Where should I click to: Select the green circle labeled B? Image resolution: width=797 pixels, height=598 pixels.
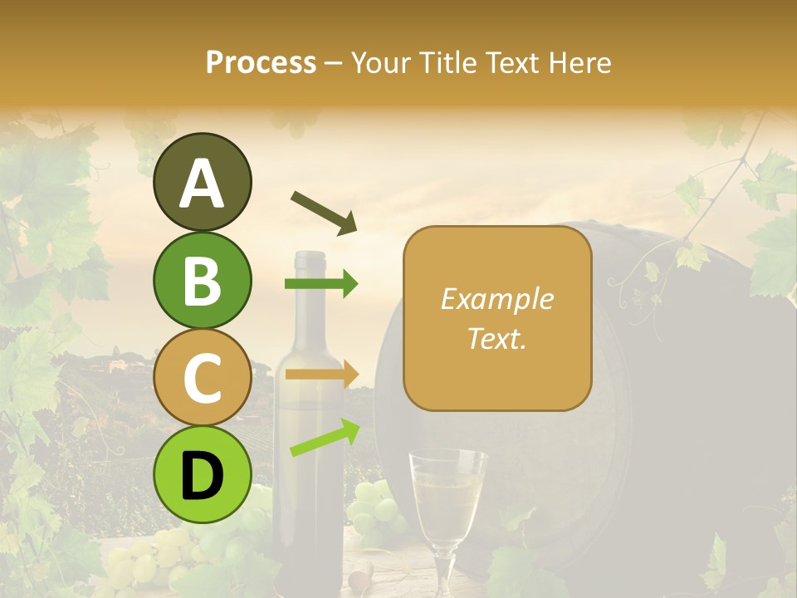click(203, 281)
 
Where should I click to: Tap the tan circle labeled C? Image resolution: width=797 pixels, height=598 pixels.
click(203, 378)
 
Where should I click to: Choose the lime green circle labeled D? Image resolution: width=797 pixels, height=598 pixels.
click(203, 474)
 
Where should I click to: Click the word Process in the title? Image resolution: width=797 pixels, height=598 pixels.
click(261, 62)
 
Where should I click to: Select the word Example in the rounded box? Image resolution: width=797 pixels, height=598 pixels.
click(497, 299)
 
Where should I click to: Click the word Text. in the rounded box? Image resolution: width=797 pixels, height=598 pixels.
click(497, 338)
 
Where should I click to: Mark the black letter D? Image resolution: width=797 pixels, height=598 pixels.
click(203, 477)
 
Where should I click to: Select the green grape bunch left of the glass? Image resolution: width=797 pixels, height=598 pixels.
click(374, 507)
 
